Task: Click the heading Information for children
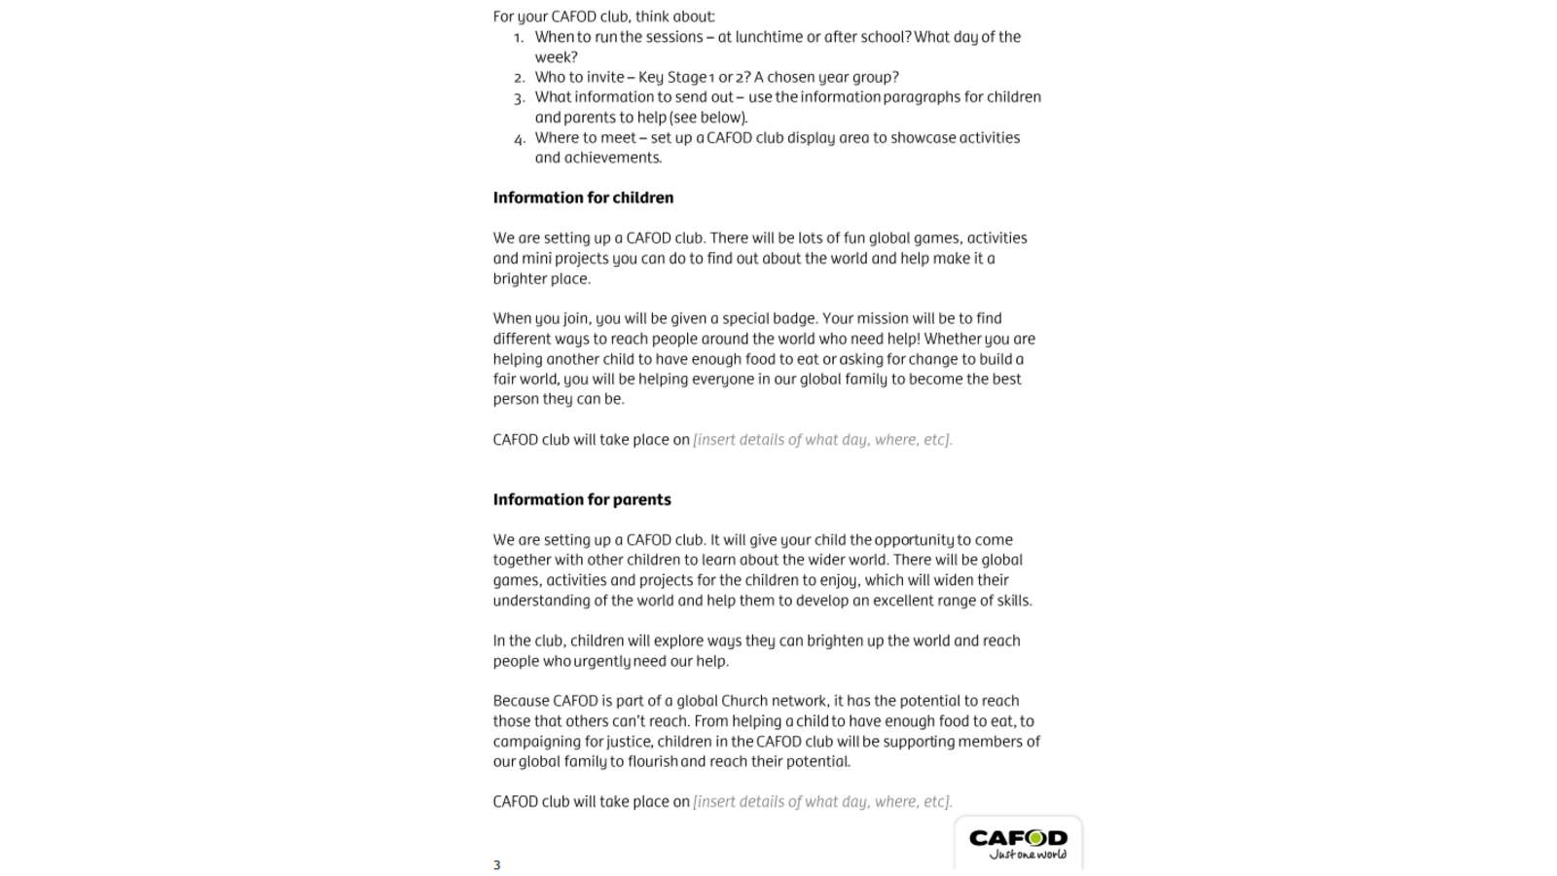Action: click(x=583, y=198)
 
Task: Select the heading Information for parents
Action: click(x=582, y=499)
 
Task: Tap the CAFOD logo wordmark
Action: click(x=1018, y=837)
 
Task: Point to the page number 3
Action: click(x=496, y=864)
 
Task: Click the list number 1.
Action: click(x=519, y=38)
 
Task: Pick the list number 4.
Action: click(x=519, y=138)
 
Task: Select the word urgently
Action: click(x=601, y=661)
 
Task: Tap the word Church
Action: click(x=743, y=701)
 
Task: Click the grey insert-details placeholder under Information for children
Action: click(x=822, y=439)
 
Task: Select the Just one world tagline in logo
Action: click(x=1027, y=855)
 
